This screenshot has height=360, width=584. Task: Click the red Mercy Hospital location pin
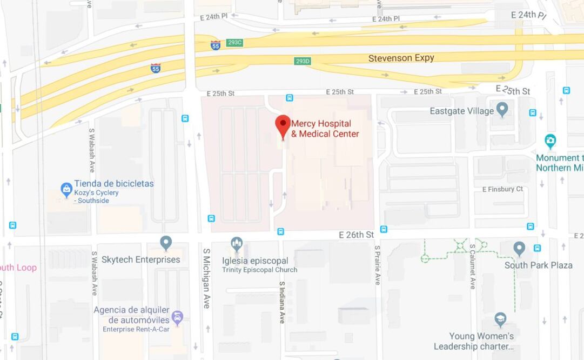283,125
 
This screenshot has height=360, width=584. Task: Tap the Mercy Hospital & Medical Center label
325,129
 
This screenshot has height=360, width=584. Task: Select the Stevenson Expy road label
401,58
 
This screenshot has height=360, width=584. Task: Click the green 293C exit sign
234,43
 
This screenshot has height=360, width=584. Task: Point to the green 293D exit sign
303,61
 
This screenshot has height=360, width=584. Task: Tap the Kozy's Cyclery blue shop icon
66,190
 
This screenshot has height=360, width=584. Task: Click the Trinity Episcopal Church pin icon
236,244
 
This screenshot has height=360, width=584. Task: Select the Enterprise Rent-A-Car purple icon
177,317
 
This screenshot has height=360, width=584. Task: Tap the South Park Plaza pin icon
519,248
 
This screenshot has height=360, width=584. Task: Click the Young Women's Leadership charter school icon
501,319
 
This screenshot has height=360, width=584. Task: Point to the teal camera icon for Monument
551,142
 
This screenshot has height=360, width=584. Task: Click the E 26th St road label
357,235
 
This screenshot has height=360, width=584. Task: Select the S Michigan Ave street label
206,278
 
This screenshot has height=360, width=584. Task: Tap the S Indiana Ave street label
281,302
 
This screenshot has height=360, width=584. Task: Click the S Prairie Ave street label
378,265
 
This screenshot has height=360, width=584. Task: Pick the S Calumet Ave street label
472,266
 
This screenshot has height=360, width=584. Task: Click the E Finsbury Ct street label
502,189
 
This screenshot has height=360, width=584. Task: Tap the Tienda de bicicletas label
114,184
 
